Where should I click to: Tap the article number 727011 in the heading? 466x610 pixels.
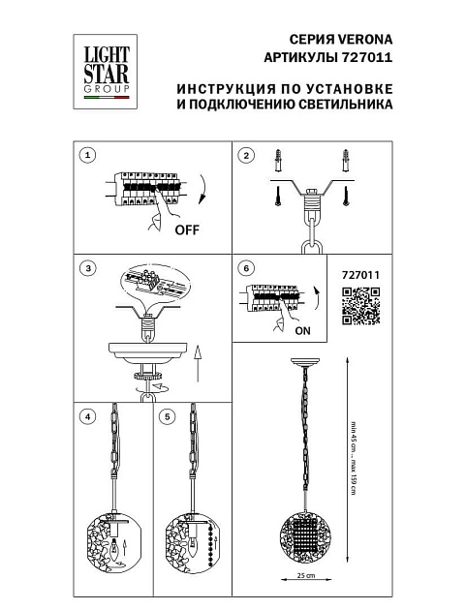click(370, 58)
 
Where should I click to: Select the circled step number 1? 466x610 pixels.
click(88, 155)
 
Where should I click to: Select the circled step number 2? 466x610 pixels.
click(246, 155)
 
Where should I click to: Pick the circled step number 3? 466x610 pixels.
click(88, 267)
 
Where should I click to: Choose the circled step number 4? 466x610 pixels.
click(88, 416)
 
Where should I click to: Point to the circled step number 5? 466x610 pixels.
click(169, 416)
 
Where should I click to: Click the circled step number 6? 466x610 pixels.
click(246, 267)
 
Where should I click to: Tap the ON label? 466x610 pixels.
click(301, 330)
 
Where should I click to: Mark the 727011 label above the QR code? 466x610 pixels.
click(361, 274)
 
